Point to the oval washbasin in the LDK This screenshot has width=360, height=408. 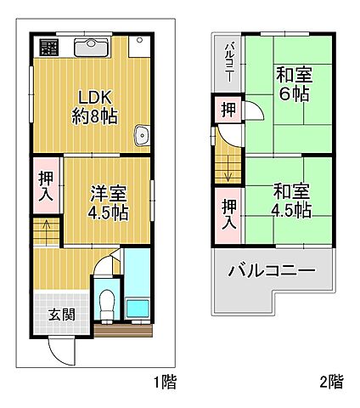(142, 134)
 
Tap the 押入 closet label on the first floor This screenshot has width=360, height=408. (48, 187)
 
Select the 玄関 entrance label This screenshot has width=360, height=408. (60, 314)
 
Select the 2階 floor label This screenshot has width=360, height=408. (331, 383)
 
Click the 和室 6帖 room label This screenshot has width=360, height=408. (293, 84)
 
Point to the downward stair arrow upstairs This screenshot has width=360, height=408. (228, 169)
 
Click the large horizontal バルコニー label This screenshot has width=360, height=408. (271, 272)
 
